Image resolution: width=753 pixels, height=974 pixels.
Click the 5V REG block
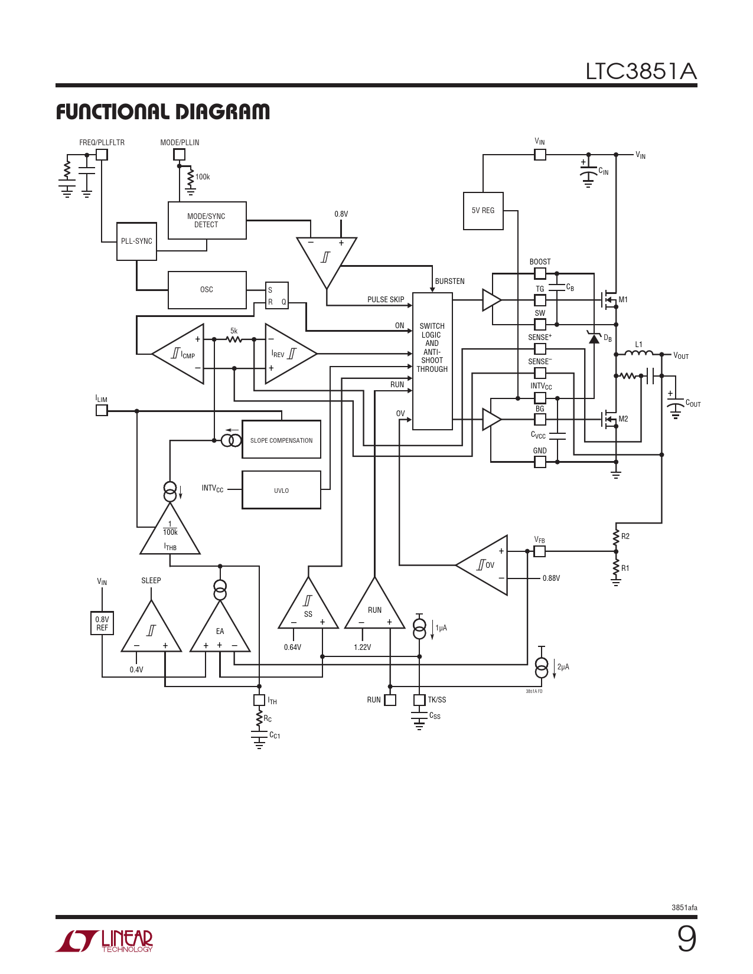point(483,211)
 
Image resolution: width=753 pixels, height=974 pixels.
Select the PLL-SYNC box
point(136,241)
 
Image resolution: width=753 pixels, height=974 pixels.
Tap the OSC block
point(207,290)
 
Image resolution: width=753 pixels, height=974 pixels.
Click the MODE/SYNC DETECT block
point(207,220)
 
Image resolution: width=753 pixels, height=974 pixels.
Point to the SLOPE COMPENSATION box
point(281,439)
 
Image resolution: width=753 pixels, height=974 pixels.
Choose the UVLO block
point(281,490)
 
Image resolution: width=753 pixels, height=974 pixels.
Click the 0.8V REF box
point(102,623)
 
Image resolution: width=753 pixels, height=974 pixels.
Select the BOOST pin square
point(540,273)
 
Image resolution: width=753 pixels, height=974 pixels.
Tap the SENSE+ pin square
point(540,349)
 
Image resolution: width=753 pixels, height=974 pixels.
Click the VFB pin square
point(540,551)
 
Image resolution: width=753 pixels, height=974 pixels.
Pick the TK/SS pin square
point(419,700)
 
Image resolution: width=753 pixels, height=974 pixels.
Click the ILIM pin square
point(102,411)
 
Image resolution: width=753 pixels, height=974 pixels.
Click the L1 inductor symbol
point(638,354)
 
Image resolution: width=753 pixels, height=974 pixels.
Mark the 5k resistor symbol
point(234,340)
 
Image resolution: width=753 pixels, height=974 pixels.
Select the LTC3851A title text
point(641,71)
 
